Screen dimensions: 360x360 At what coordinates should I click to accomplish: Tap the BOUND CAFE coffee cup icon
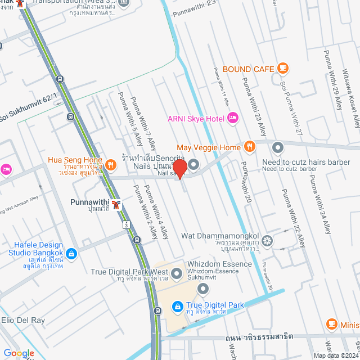coord(283,69)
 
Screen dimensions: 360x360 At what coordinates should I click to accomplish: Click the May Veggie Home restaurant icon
coord(250,147)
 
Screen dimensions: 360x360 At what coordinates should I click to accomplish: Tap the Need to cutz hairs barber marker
coord(278,148)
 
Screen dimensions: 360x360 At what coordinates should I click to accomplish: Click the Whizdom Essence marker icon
coord(203,288)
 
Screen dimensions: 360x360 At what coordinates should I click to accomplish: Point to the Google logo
coord(18,353)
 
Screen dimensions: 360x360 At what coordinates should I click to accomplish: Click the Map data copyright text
coord(335,355)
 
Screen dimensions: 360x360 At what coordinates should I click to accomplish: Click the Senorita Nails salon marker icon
coord(193,165)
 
